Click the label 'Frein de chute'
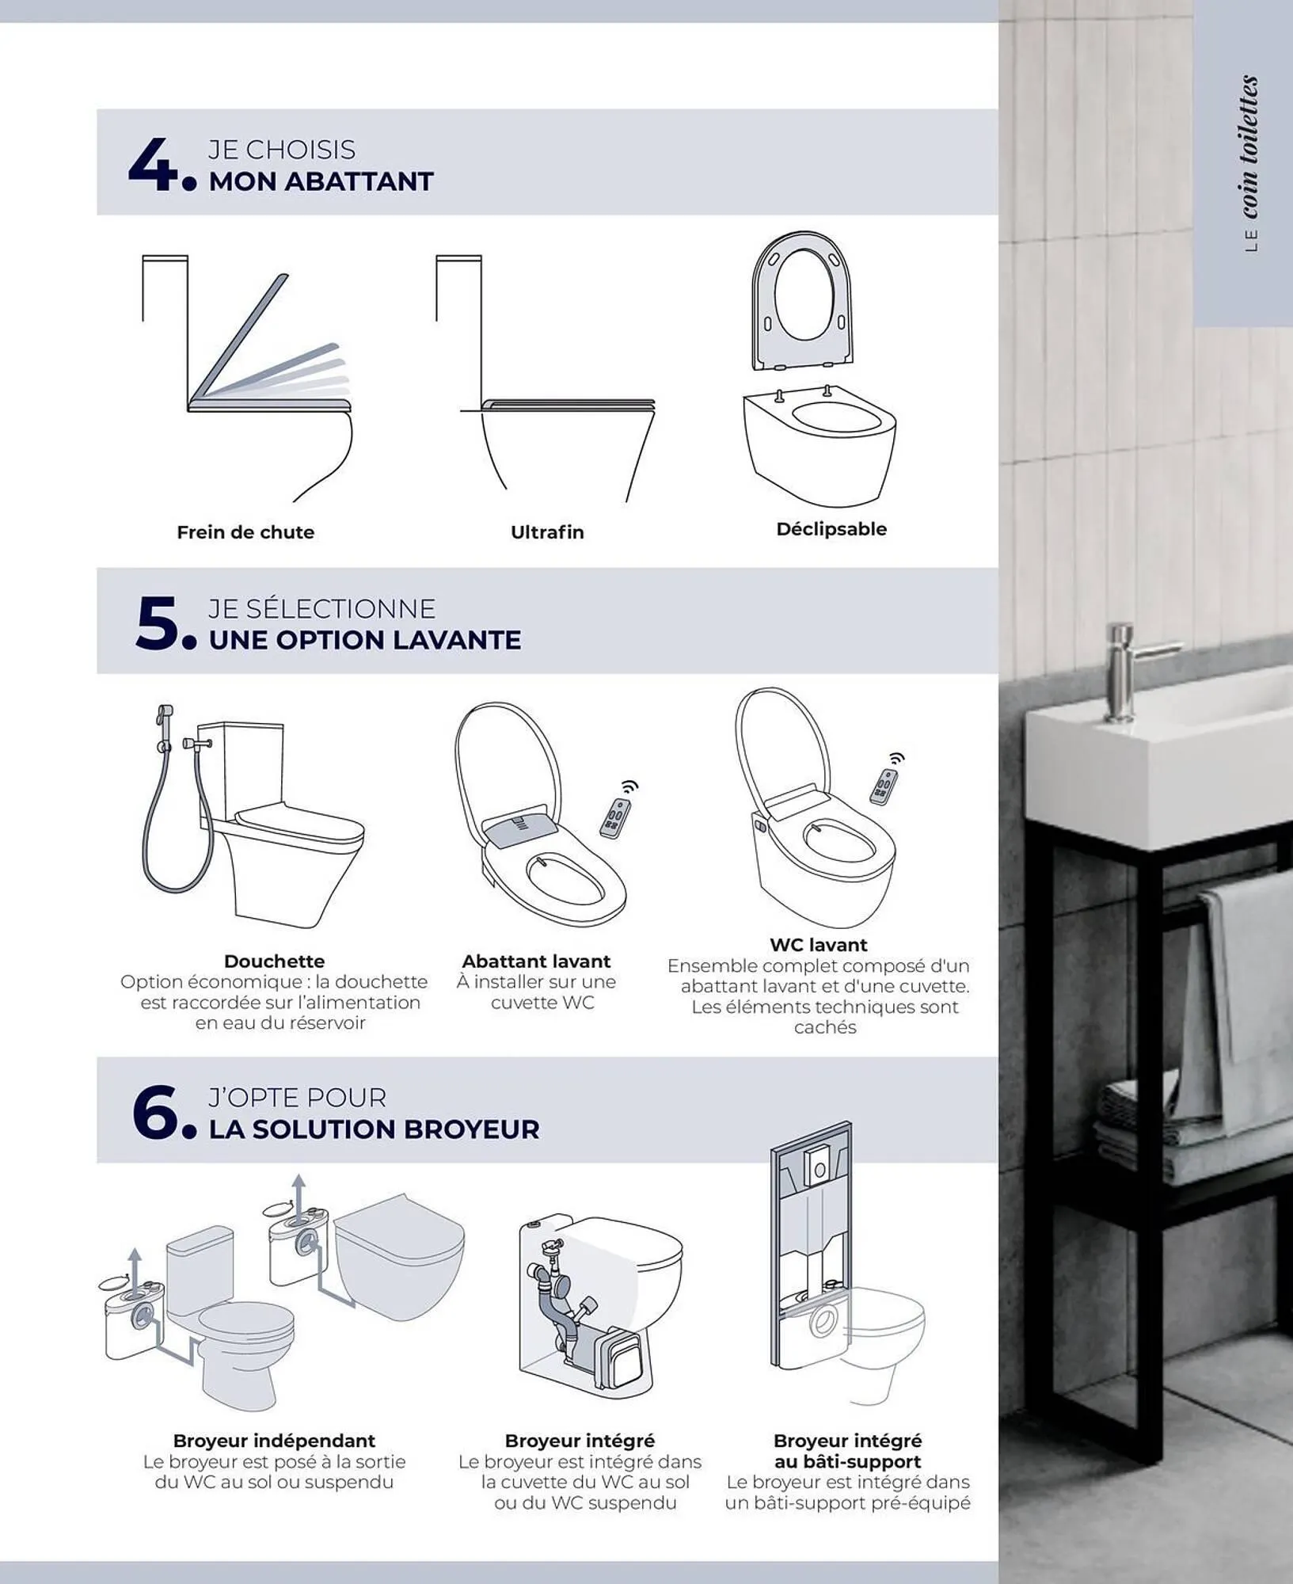point(245,532)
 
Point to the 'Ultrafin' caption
point(547,532)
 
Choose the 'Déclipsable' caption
point(831,529)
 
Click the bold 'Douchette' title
point(274,961)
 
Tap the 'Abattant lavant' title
point(536,961)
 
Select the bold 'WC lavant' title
point(819,944)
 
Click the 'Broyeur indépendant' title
point(274,1441)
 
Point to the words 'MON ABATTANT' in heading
point(321,181)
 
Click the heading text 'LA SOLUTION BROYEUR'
point(374,1129)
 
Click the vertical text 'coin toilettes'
point(1249,147)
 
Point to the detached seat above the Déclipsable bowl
point(803,300)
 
